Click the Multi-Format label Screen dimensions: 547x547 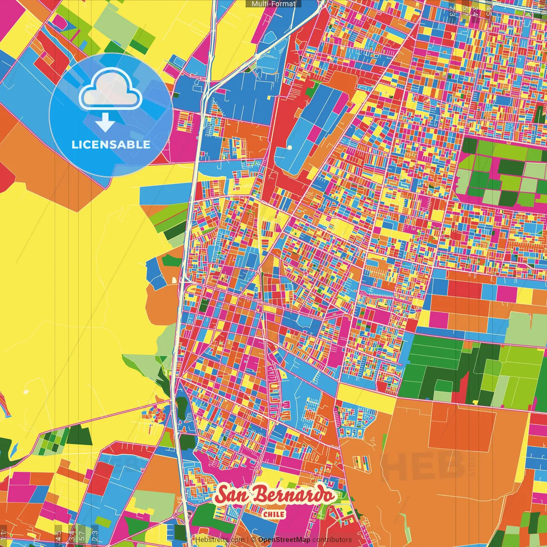point(273,4)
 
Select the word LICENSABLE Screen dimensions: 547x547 point(111,144)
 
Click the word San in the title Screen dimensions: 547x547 point(233,495)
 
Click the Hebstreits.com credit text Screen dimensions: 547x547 point(220,540)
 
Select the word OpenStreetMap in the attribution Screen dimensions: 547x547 point(284,540)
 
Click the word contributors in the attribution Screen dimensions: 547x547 point(332,540)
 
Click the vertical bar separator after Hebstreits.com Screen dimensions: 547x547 point(248,540)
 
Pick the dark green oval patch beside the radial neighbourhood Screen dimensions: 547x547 point(182,406)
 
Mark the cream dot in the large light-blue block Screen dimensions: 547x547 point(290,147)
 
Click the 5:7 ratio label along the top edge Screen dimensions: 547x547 point(465,9)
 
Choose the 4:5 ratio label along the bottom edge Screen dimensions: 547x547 point(58,536)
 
